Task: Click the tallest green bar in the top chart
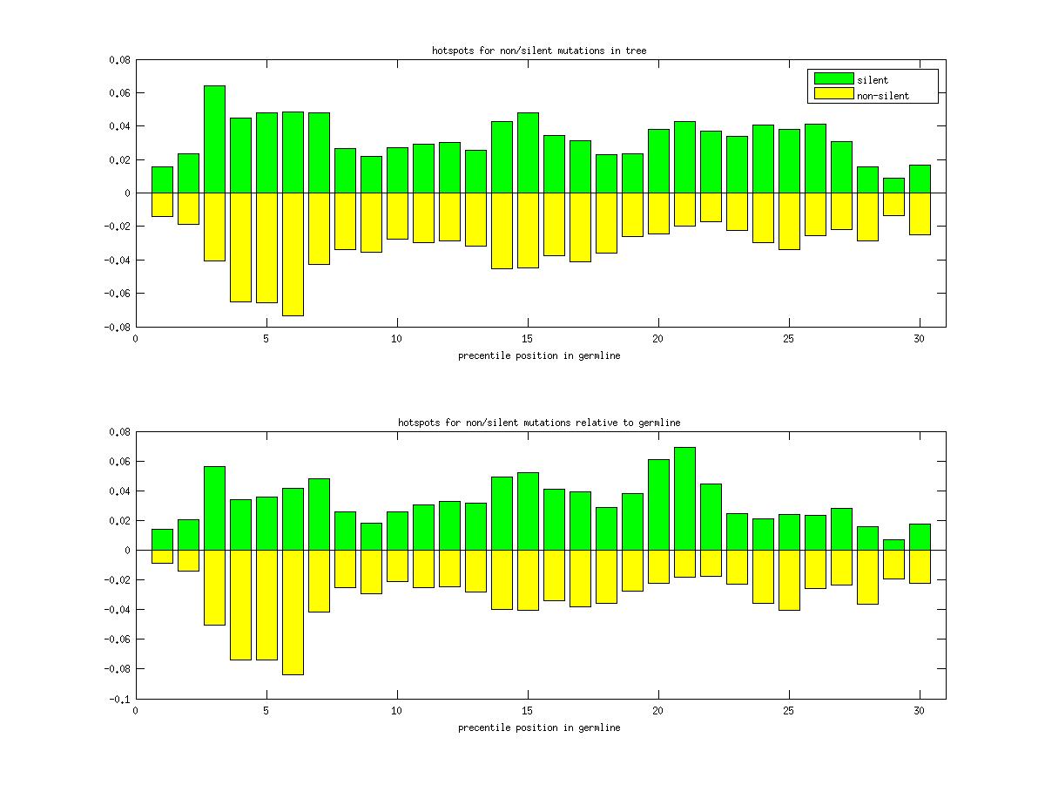point(214,139)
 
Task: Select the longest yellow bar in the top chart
point(293,254)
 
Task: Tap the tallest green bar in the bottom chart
point(684,498)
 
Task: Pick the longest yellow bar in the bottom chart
point(293,612)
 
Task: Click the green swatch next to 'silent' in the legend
point(833,78)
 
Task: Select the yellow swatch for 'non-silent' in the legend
point(833,94)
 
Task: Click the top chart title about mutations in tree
point(539,51)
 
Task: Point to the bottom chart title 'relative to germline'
point(539,423)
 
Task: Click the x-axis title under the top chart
point(539,355)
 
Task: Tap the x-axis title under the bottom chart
point(539,727)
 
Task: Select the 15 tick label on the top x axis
point(527,339)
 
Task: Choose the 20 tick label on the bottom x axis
point(657,710)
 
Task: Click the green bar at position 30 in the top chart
point(920,179)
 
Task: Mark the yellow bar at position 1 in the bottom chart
point(162,557)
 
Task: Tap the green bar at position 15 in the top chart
point(528,152)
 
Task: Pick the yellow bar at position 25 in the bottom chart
point(789,579)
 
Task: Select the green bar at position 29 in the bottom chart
point(893,545)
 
